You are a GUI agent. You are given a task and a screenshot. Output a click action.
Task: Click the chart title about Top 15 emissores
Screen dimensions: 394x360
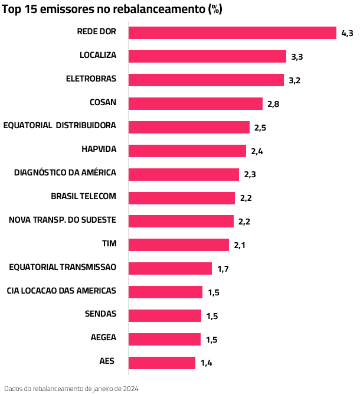[112, 11]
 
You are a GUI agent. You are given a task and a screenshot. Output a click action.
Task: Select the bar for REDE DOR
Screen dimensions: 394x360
[232, 32]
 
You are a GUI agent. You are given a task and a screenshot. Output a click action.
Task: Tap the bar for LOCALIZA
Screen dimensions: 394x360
[207, 56]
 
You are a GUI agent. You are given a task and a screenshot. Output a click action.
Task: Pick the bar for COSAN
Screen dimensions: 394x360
[195, 103]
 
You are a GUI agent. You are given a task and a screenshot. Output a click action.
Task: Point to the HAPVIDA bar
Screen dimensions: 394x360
[187, 151]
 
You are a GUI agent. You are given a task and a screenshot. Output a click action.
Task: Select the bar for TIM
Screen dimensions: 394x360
[178, 245]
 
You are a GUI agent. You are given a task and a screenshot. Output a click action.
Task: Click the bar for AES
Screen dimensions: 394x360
[162, 363]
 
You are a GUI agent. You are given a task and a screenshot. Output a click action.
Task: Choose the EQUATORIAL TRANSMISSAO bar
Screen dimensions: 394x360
[170, 268]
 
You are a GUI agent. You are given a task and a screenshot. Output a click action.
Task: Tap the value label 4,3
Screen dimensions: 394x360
[347, 33]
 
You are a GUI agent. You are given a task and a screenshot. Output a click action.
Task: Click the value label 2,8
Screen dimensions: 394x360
[273, 104]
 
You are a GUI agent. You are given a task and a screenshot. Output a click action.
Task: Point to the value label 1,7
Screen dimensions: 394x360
[222, 269]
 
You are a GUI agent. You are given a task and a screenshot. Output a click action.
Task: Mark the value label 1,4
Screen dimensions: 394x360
[206, 363]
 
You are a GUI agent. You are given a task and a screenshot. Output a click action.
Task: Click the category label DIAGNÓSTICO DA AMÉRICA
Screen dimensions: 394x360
[65, 172]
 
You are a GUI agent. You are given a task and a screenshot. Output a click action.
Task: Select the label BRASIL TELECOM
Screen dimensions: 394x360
[83, 196]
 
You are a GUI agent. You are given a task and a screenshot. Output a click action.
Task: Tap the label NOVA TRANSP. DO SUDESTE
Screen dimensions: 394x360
[63, 220]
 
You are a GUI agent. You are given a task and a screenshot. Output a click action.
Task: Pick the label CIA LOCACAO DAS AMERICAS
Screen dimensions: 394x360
[61, 291]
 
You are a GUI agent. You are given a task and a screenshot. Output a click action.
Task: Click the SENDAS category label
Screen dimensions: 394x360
[100, 314]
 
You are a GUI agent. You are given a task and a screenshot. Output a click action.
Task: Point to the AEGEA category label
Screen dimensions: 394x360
[103, 337]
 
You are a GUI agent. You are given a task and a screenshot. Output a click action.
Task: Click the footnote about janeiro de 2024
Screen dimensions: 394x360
[71, 388]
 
